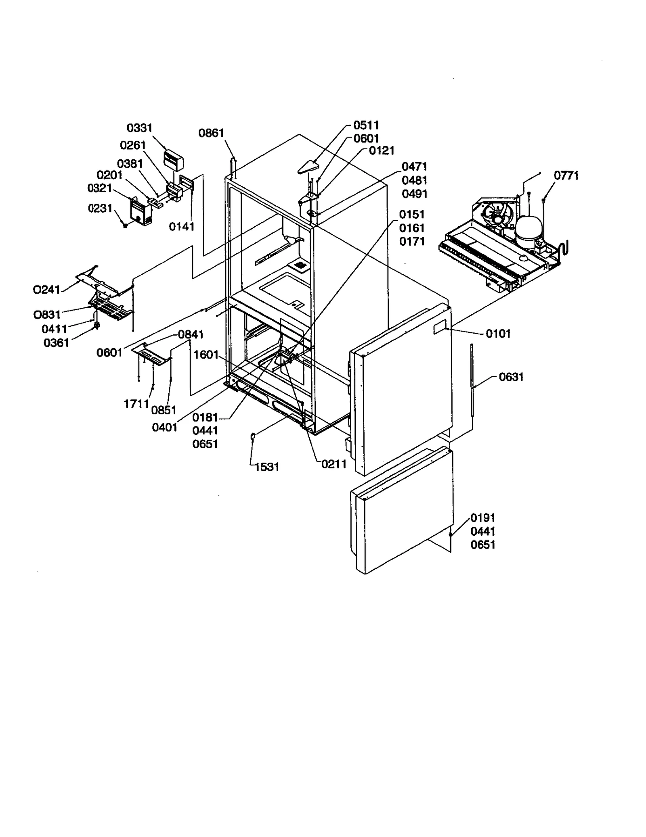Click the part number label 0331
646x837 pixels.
pyautogui.click(x=139, y=128)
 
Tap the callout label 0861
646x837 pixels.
pyautogui.click(x=211, y=133)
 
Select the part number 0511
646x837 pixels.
pyautogui.click(x=366, y=125)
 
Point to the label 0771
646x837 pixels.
pyautogui.click(x=566, y=175)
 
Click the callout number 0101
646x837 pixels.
pyautogui.click(x=498, y=334)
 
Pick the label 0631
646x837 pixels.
pyautogui.click(x=511, y=377)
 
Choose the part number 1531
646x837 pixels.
pyautogui.click(x=267, y=467)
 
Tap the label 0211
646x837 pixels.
pyautogui.click(x=334, y=464)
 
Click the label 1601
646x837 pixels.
pyautogui.click(x=206, y=355)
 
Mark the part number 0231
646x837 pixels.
pyautogui.click(x=100, y=209)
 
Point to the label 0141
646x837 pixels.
pyautogui.click(x=182, y=227)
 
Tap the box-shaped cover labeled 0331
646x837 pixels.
pyautogui.click(x=173, y=160)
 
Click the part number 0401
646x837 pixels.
pyautogui.click(x=165, y=427)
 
